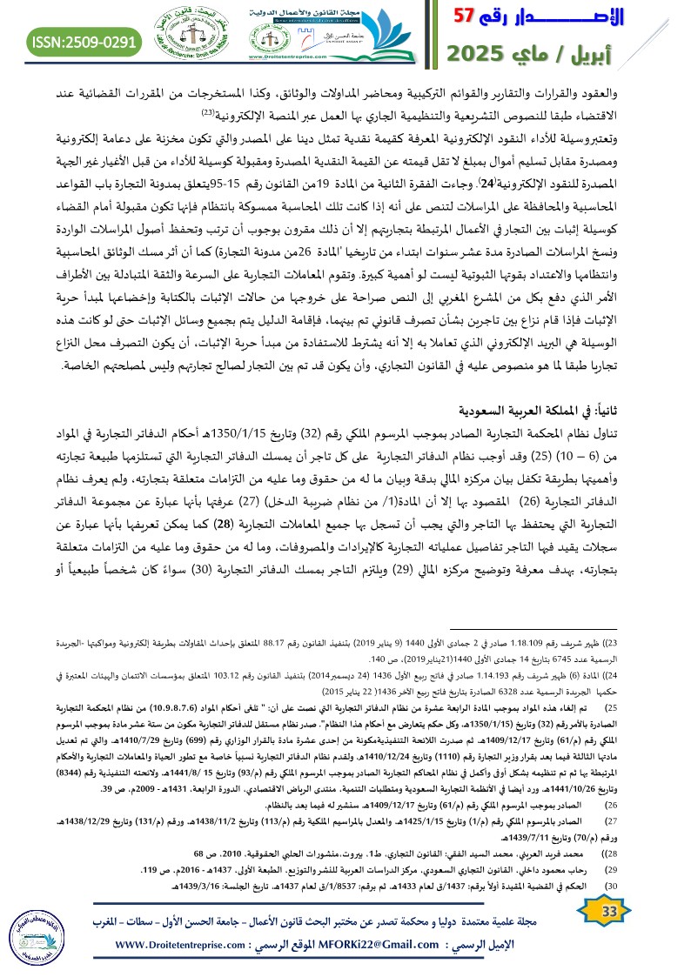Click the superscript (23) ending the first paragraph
click(209, 114)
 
